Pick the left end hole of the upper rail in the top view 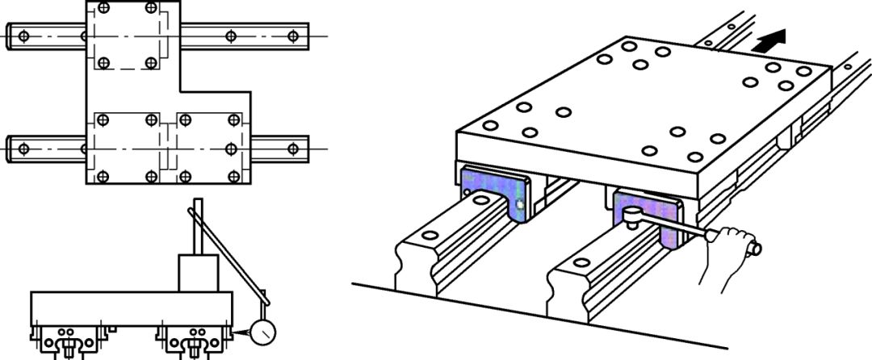click(x=23, y=36)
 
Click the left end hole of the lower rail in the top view click(x=23, y=149)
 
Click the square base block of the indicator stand click(x=198, y=274)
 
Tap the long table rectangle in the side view click(x=129, y=308)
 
